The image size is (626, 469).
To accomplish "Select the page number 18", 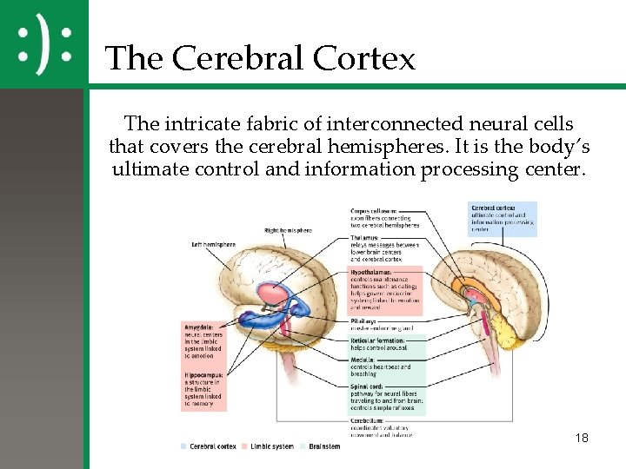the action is coord(582,438).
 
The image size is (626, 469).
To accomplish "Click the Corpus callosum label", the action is coord(374,211).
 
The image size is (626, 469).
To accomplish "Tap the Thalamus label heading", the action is coord(364,237).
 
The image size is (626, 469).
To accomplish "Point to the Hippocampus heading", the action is coord(203,375).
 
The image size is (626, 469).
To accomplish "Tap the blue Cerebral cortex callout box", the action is coord(503,219).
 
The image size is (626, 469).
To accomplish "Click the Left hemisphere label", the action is coord(213,245).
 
